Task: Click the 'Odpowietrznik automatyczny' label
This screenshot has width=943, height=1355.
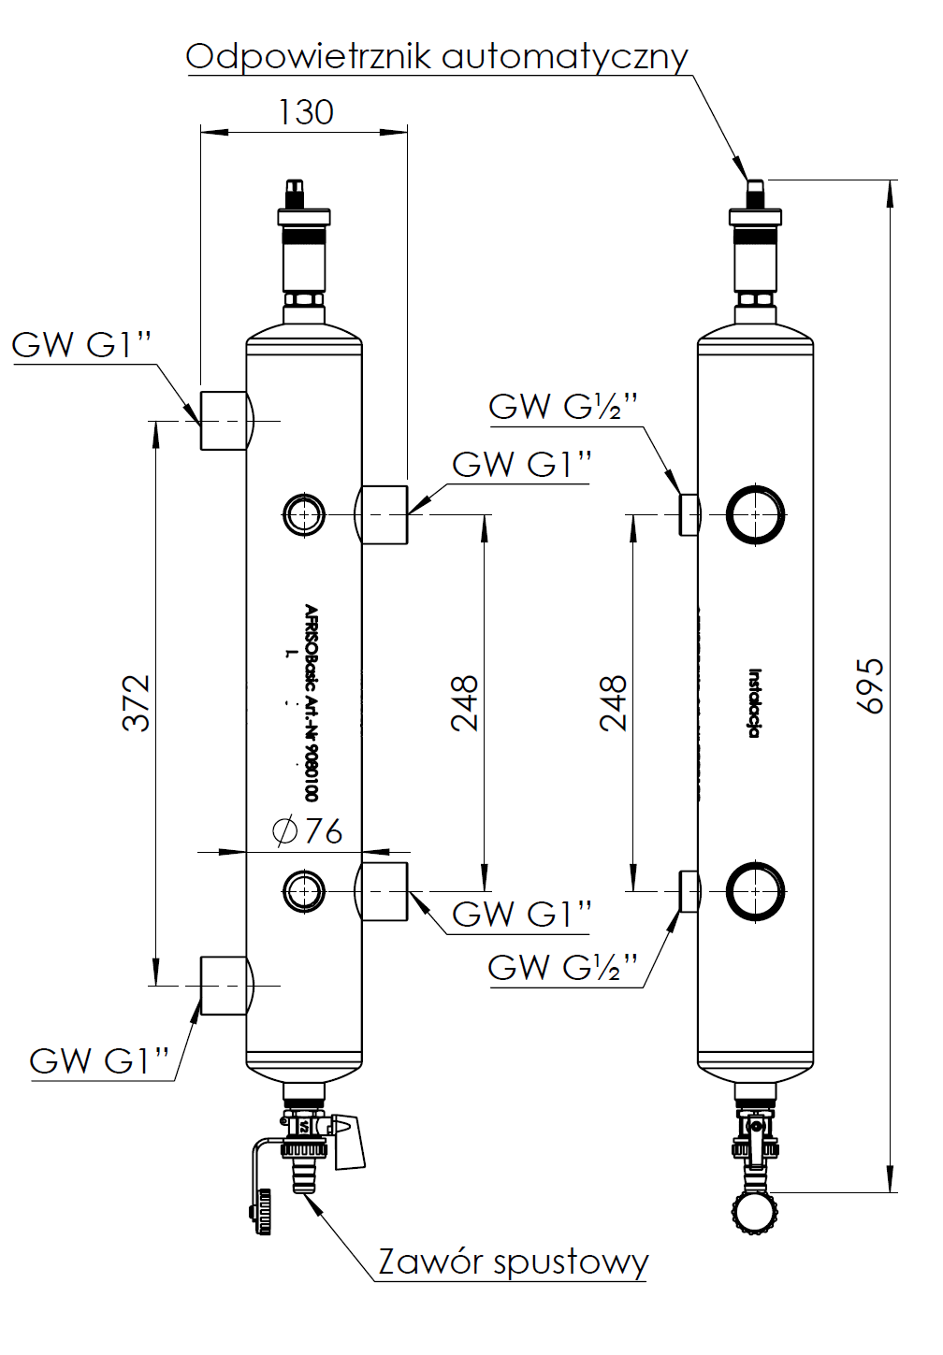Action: pyautogui.click(x=436, y=57)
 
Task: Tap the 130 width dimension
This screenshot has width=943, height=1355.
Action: pyautogui.click(x=306, y=113)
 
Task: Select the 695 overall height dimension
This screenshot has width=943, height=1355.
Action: pyautogui.click(x=870, y=685)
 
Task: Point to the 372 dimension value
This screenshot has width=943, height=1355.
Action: pyautogui.click(x=137, y=702)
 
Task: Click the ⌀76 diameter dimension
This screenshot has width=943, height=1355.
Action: pyautogui.click(x=308, y=830)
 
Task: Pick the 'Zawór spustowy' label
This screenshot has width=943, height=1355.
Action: pyautogui.click(x=513, y=1262)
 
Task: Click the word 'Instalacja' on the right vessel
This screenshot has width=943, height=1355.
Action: pyautogui.click(x=754, y=703)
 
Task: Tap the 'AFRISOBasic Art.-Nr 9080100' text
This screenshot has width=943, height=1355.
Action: pyautogui.click(x=312, y=702)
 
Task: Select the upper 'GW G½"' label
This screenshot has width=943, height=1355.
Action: pyautogui.click(x=563, y=407)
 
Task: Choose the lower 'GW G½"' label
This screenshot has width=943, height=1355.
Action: pyautogui.click(x=563, y=967)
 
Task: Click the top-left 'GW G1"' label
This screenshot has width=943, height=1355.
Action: pyautogui.click(x=81, y=345)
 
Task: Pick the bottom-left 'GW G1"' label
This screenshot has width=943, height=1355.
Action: pyautogui.click(x=100, y=1061)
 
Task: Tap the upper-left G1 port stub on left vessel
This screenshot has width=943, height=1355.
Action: pyautogui.click(x=225, y=421)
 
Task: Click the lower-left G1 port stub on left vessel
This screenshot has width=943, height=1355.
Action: pyautogui.click(x=225, y=986)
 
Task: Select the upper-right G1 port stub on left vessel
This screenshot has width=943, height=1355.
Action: pyautogui.click(x=384, y=514)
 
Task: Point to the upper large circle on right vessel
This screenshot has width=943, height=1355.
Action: pyautogui.click(x=755, y=514)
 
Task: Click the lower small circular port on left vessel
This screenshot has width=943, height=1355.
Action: pyautogui.click(x=304, y=890)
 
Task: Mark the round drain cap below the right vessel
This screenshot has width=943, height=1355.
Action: pyautogui.click(x=754, y=1213)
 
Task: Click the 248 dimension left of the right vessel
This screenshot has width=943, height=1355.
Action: pyautogui.click(x=614, y=702)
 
